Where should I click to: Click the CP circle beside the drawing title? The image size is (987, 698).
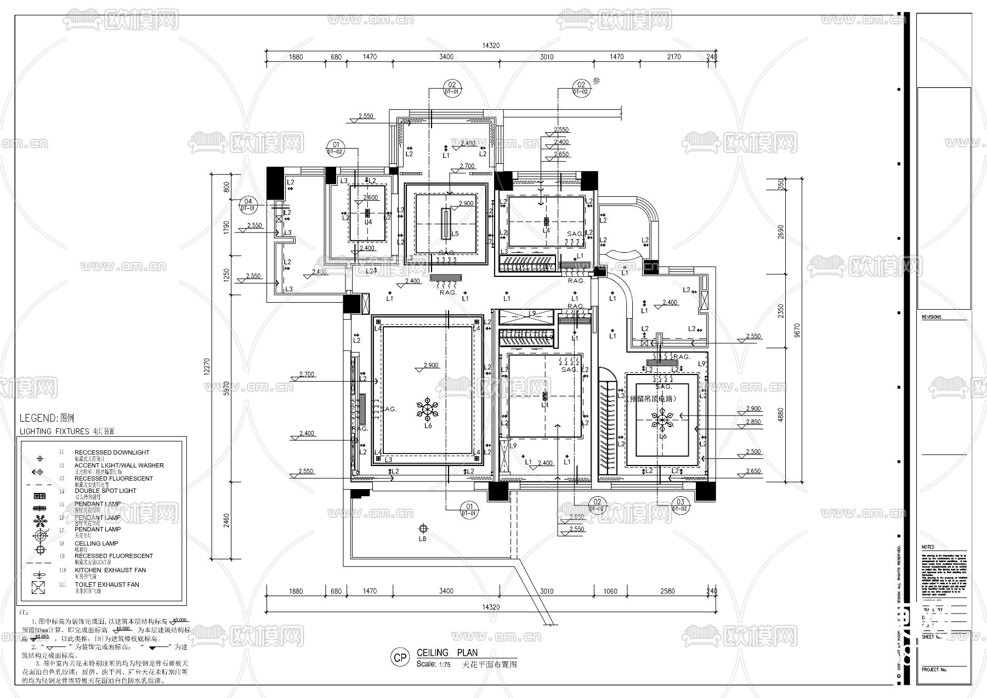(401, 657)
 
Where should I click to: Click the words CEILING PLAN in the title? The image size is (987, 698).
(447, 652)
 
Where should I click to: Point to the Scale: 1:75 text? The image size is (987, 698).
(433, 664)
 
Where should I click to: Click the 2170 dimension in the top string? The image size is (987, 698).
(674, 57)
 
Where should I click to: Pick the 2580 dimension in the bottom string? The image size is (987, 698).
(667, 591)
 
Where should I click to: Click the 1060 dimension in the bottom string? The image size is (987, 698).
(610, 591)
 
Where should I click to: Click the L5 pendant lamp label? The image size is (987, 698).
(455, 234)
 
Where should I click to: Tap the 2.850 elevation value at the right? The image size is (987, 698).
(753, 422)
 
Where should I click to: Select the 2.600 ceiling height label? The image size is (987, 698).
(370, 198)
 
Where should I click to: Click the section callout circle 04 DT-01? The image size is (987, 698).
(248, 204)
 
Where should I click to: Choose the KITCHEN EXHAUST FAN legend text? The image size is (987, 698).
(110, 570)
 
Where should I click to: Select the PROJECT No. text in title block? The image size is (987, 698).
(934, 669)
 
